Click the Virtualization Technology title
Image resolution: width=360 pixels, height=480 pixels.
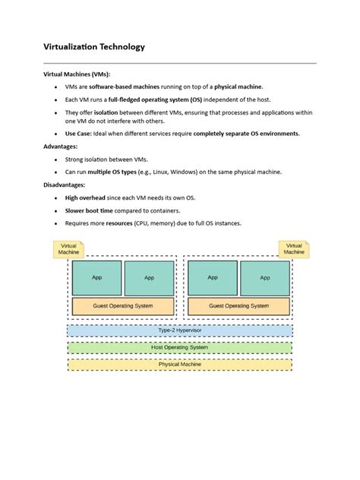click(93, 47)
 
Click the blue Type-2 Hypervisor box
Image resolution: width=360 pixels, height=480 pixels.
click(179, 330)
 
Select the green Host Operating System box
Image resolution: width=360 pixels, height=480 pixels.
click(179, 347)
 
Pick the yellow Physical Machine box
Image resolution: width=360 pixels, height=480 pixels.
click(179, 365)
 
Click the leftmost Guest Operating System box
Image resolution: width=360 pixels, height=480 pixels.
click(122, 306)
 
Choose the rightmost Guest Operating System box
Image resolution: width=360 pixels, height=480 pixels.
click(238, 306)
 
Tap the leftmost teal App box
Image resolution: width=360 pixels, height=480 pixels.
click(96, 278)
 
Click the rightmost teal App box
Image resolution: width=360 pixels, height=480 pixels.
click(264, 278)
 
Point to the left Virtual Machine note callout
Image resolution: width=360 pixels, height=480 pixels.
click(69, 249)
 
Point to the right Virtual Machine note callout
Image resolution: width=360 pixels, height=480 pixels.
click(294, 249)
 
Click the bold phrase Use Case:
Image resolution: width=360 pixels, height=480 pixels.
click(81, 134)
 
